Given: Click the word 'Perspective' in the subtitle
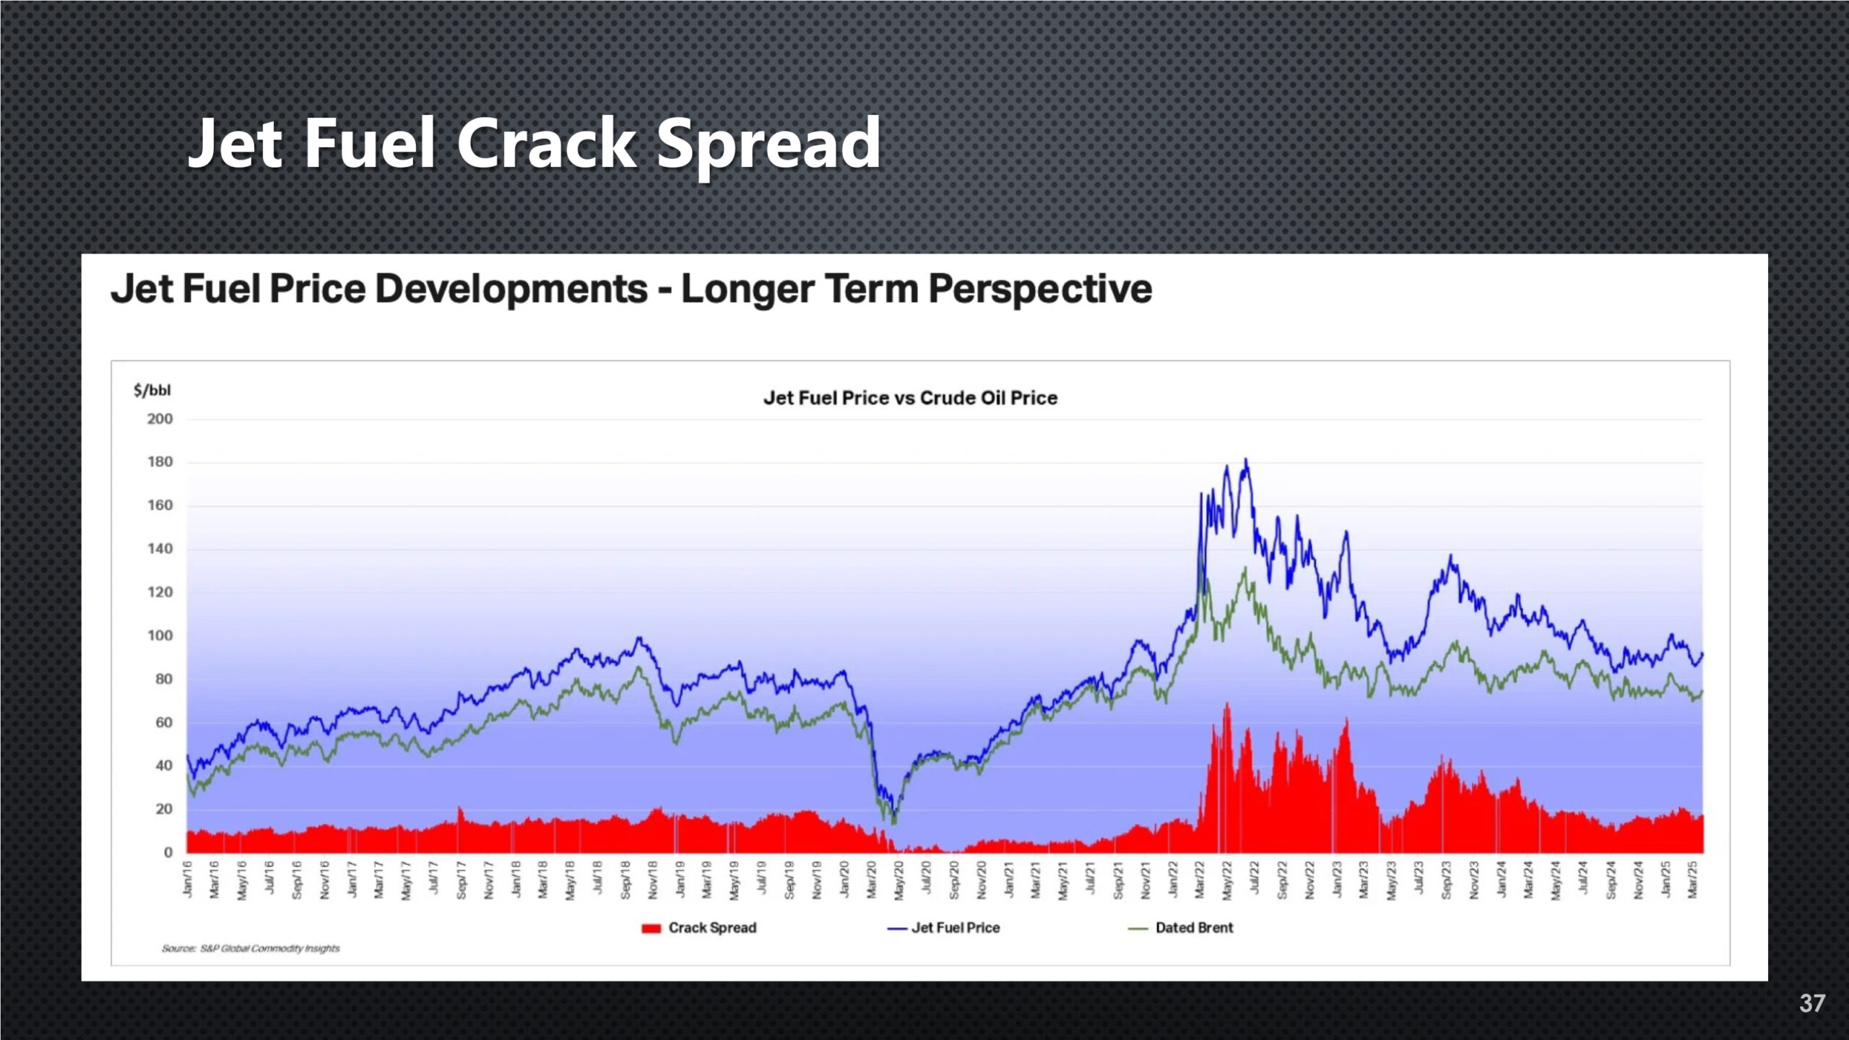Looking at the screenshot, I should [1040, 289].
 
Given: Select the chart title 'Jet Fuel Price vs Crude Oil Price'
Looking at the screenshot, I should [910, 398].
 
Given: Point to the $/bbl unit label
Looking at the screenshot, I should [152, 391].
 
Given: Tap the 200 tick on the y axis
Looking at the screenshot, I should [160, 419].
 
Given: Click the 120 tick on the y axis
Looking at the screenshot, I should [160, 592].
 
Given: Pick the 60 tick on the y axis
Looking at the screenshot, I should [164, 722].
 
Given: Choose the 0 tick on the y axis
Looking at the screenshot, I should [168, 852].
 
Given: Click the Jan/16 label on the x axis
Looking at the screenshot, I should [188, 880].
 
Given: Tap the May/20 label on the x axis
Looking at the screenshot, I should [899, 880].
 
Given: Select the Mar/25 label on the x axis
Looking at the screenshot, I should [1692, 880].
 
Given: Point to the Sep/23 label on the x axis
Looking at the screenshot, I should [1446, 880].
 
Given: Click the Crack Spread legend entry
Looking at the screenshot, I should [712, 928].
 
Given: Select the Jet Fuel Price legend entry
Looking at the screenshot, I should [955, 928].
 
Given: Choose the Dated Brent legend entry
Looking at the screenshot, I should [1194, 928].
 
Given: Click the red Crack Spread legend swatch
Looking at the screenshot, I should [651, 928].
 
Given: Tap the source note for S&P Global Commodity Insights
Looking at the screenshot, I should [251, 948].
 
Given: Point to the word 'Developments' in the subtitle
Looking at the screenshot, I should [511, 289].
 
